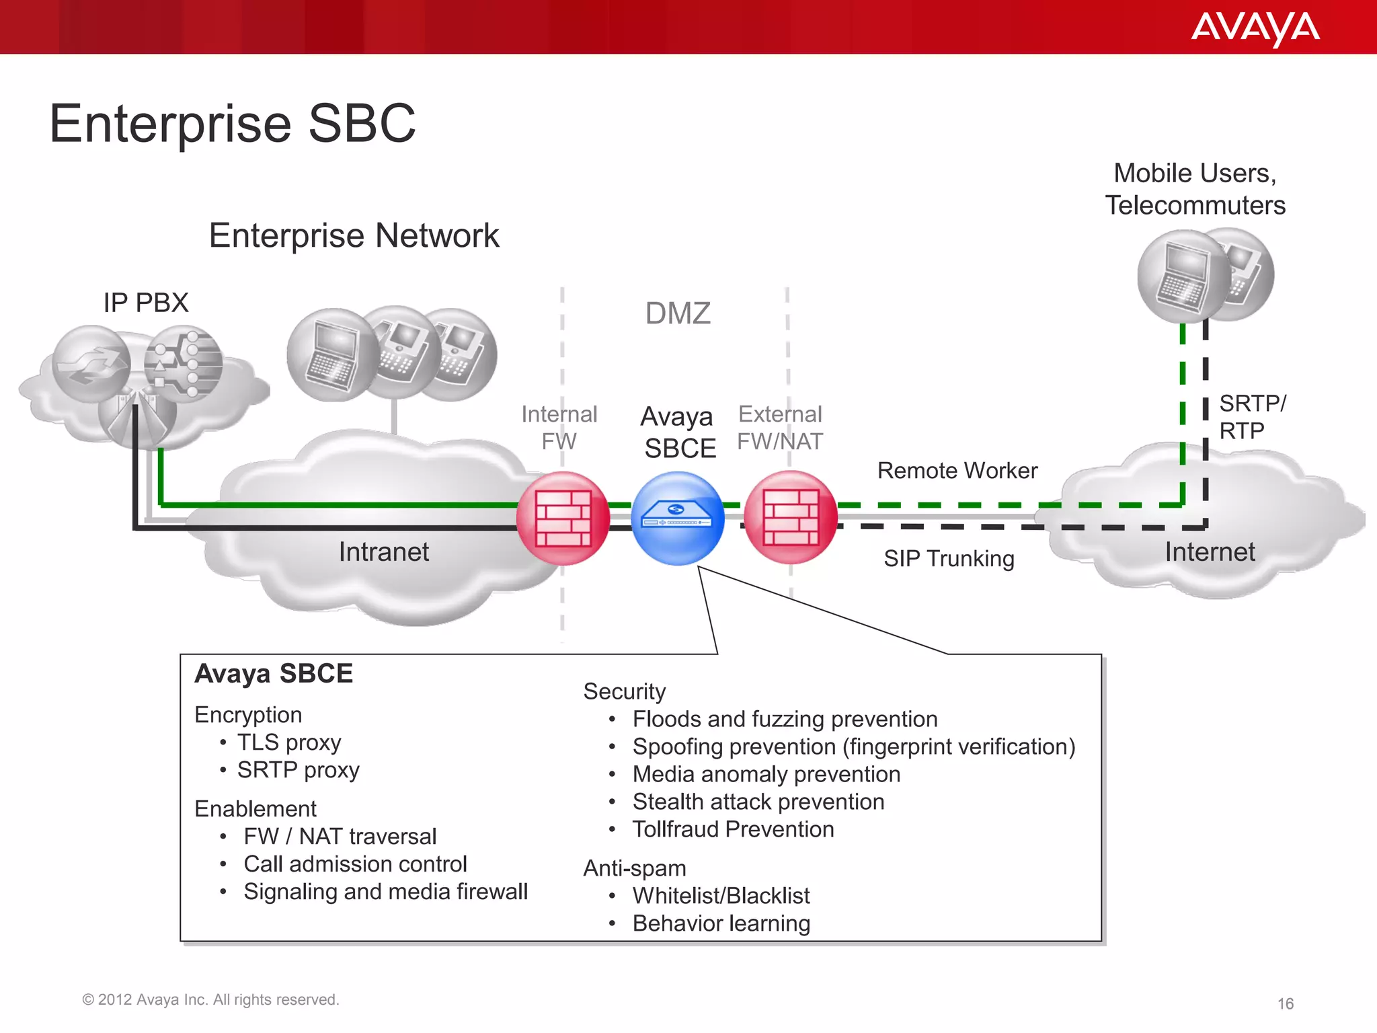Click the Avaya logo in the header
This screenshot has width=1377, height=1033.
point(1255,28)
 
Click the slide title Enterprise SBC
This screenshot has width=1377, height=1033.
point(233,124)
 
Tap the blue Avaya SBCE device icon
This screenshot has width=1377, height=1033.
point(678,519)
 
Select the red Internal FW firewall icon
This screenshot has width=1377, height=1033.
point(563,519)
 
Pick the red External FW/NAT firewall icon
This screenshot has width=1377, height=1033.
point(791,518)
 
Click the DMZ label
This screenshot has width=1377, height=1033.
point(678,313)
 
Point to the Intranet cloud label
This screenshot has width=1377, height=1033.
point(383,552)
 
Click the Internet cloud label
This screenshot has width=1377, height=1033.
point(1210,552)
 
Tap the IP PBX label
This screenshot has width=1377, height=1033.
point(146,303)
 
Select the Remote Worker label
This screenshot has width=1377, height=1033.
point(957,471)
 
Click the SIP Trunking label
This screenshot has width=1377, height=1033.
point(949,559)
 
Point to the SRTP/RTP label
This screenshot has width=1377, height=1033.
point(1251,417)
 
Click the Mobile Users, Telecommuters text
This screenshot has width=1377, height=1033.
point(1195,189)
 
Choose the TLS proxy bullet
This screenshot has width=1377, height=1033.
point(289,742)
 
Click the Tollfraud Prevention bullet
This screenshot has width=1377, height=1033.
point(733,829)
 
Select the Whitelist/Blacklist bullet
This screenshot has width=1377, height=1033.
point(721,896)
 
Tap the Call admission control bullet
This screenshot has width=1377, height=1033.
point(355,864)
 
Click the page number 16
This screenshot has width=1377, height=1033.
point(1285,1004)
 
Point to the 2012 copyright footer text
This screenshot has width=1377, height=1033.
point(210,1000)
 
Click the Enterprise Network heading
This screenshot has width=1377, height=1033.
point(354,236)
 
